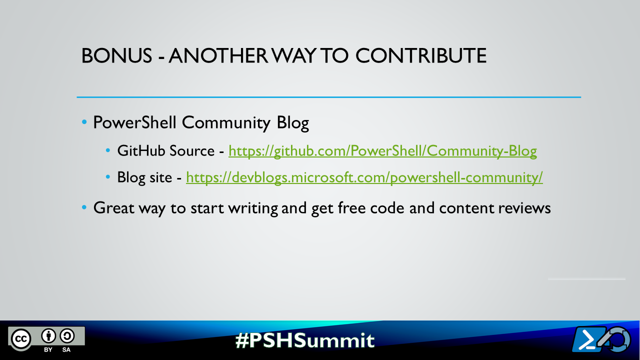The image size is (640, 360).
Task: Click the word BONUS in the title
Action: pos(116,55)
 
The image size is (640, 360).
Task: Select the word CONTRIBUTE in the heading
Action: pos(421,55)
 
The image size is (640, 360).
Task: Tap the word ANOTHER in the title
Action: pos(218,55)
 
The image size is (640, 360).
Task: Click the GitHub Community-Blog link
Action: pos(382,151)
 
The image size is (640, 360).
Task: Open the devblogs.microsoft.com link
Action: pos(364,177)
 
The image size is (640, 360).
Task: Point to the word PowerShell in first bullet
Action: pos(134,123)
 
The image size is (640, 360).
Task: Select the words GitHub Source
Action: pos(165,150)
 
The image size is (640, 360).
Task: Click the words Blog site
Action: pos(144,177)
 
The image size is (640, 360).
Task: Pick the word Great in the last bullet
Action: pos(113,207)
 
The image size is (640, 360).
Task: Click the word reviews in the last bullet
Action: pos(524,208)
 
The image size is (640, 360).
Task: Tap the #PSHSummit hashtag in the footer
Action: pos(305,340)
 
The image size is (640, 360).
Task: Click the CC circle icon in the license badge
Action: pos(21,339)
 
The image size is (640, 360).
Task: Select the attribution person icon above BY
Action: pos(48,335)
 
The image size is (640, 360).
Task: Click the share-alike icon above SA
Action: pos(67,335)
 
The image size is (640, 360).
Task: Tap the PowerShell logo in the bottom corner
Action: pos(601,339)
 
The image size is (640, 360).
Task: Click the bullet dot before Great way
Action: pos(84,207)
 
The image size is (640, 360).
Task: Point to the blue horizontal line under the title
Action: pos(329,97)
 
